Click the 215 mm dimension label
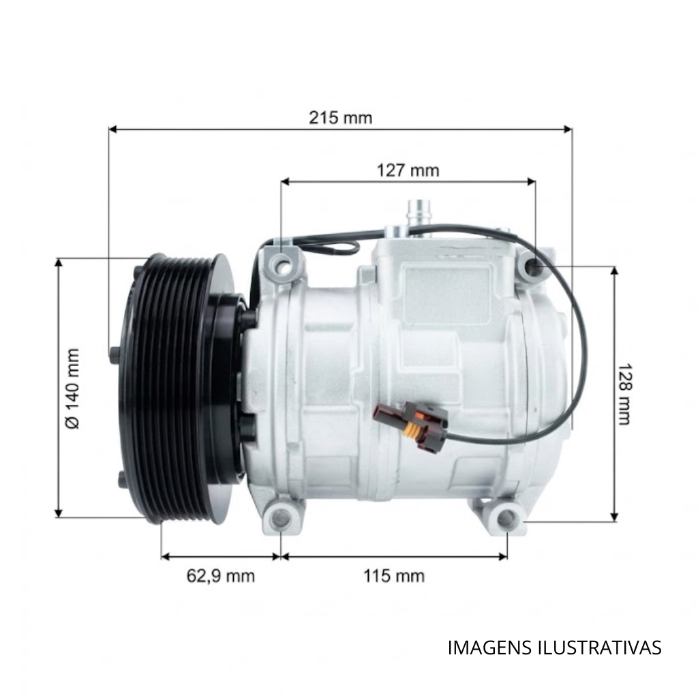point(341,118)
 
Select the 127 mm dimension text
point(408,170)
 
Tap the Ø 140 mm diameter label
point(72,389)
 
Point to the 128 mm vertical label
point(624,395)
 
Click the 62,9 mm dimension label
point(221,576)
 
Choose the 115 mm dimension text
point(394,576)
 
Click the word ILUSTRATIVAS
point(600,648)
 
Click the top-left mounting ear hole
point(282,265)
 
